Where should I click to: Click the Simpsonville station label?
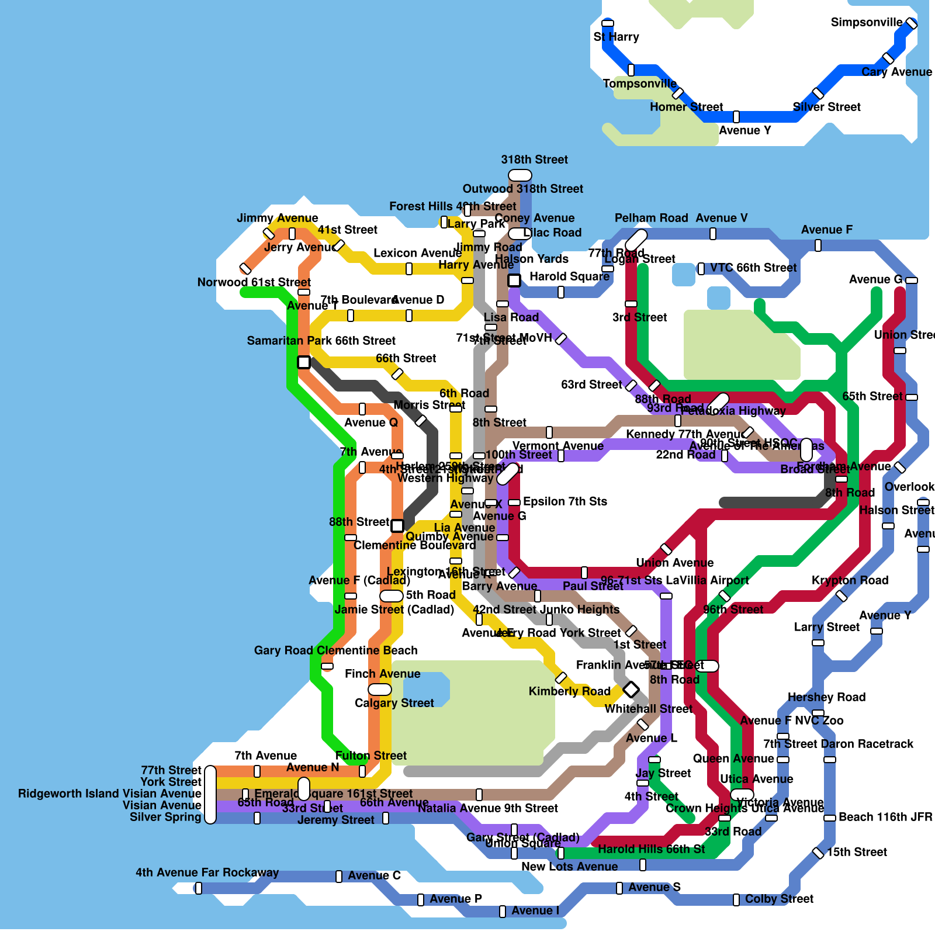click(866, 22)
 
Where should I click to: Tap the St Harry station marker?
click(608, 23)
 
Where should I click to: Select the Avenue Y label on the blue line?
click(744, 130)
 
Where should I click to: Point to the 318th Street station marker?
click(520, 175)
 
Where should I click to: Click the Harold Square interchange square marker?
click(514, 280)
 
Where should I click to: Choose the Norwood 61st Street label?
click(254, 282)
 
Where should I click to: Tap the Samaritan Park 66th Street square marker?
click(304, 362)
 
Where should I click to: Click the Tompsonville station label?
click(639, 84)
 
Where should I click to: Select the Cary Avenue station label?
click(896, 72)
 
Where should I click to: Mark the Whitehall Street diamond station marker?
click(631, 690)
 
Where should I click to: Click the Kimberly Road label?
click(569, 691)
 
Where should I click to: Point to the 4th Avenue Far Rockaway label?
click(207, 872)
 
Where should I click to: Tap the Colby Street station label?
click(779, 899)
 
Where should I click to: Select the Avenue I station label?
click(535, 910)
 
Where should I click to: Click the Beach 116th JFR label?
click(885, 817)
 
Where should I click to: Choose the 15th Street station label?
click(857, 852)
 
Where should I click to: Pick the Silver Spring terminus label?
click(165, 817)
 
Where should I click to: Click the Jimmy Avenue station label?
click(277, 218)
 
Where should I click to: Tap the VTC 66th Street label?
click(753, 268)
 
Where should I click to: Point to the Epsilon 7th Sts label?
click(565, 501)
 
